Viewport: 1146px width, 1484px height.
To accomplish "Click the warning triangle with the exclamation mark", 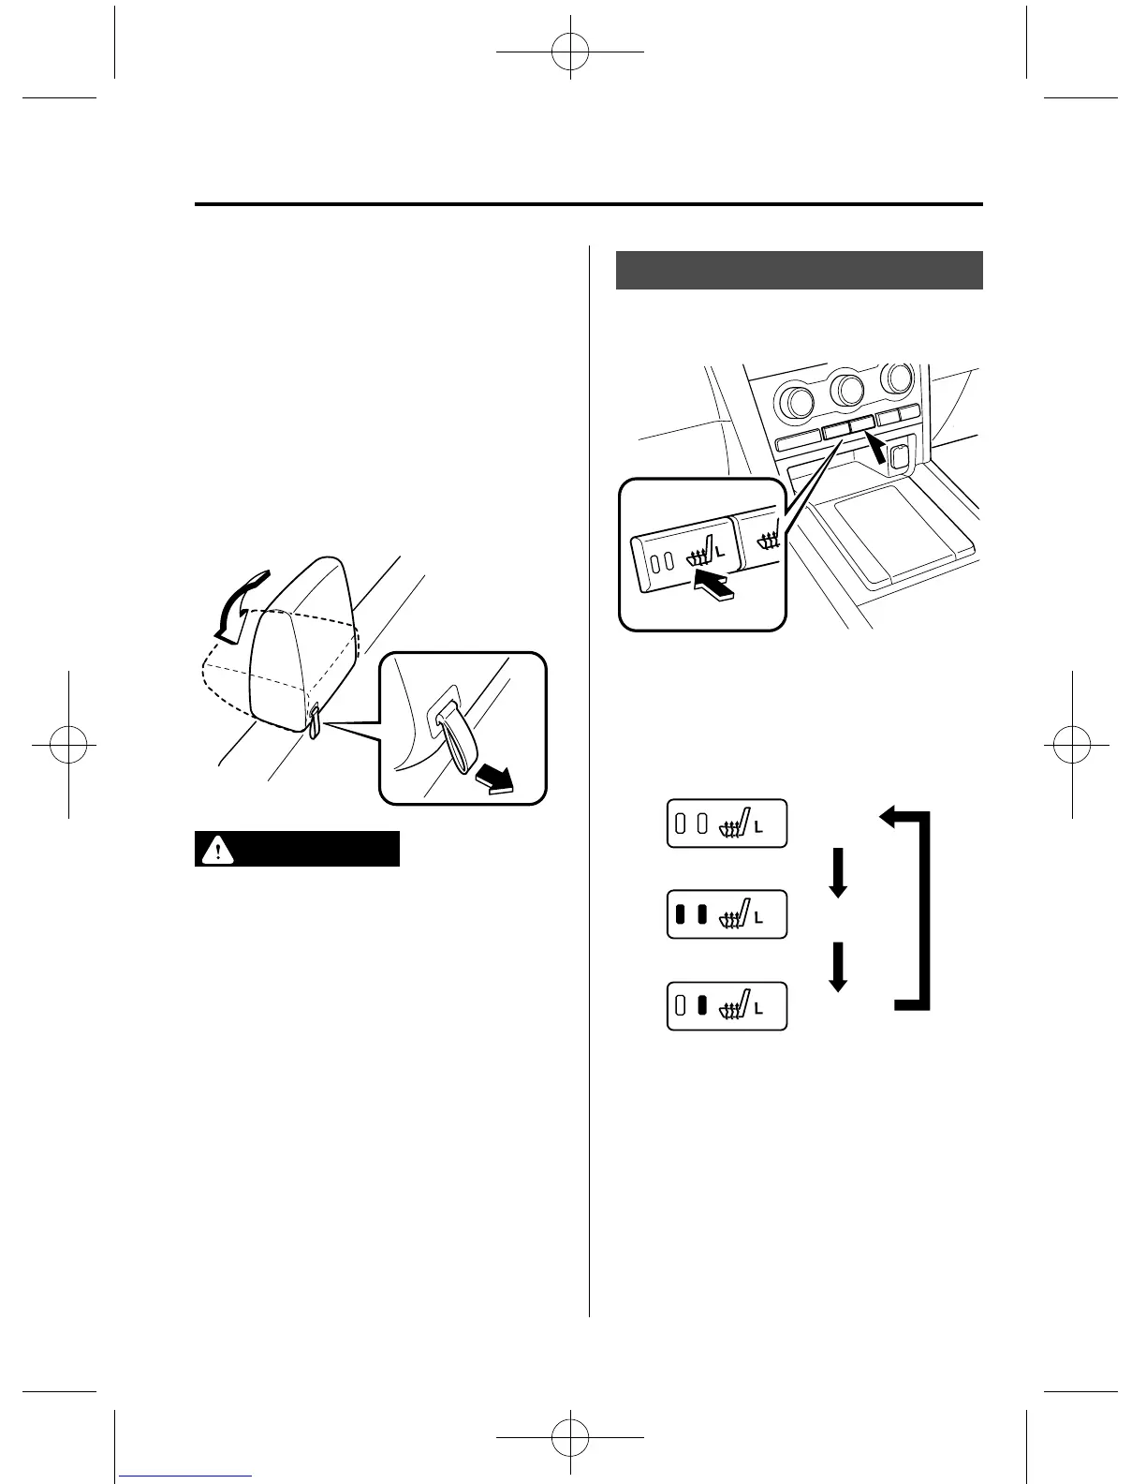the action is pyautogui.click(x=218, y=849).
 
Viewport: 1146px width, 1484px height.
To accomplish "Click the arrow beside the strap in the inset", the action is pyautogui.click(x=494, y=777).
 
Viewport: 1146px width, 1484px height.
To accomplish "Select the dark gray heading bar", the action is pyautogui.click(x=799, y=271).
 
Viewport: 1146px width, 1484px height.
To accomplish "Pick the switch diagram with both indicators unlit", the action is pyautogui.click(x=727, y=824).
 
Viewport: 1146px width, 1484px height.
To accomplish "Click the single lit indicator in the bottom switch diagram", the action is pyautogui.click(x=702, y=1005).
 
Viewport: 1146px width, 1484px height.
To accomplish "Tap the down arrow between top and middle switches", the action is pyautogui.click(x=838, y=872).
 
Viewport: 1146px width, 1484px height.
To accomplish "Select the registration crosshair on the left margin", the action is pyautogui.click(x=68, y=746).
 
